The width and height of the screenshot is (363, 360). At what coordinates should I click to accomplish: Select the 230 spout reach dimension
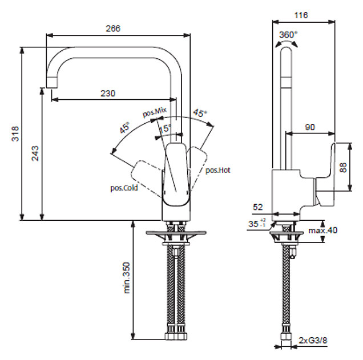pyautogui.click(x=108, y=93)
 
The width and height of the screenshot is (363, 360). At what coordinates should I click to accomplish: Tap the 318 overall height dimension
pyautogui.click(x=16, y=134)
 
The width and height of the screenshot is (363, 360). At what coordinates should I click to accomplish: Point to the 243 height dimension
pyautogui.click(x=35, y=153)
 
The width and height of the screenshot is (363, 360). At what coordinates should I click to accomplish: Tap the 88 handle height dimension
pyautogui.click(x=343, y=167)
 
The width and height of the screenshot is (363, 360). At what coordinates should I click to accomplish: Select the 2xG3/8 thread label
pyautogui.click(x=312, y=341)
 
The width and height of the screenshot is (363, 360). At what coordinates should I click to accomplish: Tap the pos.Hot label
pyautogui.click(x=217, y=169)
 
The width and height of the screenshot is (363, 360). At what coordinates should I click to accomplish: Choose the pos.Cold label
pyautogui.click(x=124, y=187)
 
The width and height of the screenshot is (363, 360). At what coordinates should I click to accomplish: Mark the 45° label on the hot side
pyautogui.click(x=199, y=113)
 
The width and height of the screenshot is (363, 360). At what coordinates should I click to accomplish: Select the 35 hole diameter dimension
pyautogui.click(x=255, y=224)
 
